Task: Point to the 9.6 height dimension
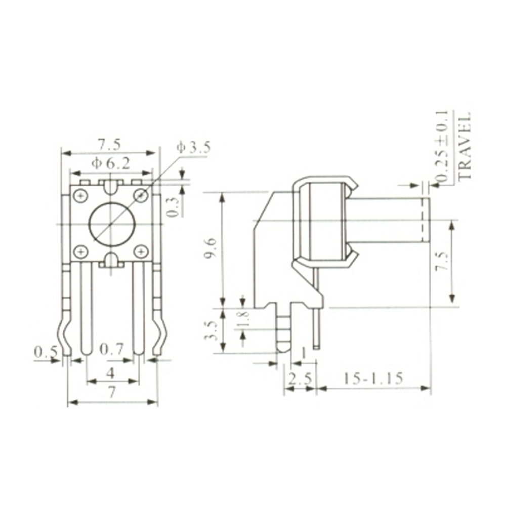pyautogui.click(x=210, y=248)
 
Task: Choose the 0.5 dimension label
pyautogui.click(x=44, y=351)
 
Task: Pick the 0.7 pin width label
pyautogui.click(x=112, y=349)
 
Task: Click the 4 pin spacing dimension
pyautogui.click(x=110, y=372)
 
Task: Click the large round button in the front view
pyautogui.click(x=110, y=224)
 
